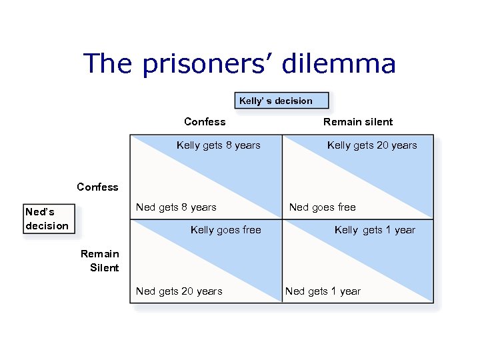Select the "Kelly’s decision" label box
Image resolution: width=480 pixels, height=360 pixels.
pos(281,101)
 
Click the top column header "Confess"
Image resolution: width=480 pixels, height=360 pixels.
pos(205,121)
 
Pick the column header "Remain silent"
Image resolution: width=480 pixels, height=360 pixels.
pos(358,121)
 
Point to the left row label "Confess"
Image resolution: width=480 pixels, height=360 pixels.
pos(97,187)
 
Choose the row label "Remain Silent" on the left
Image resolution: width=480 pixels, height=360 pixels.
pos(100,261)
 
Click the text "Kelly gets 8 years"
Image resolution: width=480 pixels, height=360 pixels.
pos(219,145)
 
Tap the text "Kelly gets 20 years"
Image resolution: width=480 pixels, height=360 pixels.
pos(372,145)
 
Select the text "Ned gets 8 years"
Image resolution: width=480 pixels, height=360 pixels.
pos(176,207)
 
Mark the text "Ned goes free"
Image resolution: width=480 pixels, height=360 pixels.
pos(322,207)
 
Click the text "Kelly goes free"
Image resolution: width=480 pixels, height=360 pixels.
pos(226,230)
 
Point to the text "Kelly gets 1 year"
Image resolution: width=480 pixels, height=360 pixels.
pos(375,230)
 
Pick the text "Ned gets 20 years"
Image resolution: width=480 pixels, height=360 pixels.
pos(179,291)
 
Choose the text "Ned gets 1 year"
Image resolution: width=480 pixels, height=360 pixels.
pos(323,291)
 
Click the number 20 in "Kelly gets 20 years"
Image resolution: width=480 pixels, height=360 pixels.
pos(381,145)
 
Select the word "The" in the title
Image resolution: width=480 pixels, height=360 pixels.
pos(105,64)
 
